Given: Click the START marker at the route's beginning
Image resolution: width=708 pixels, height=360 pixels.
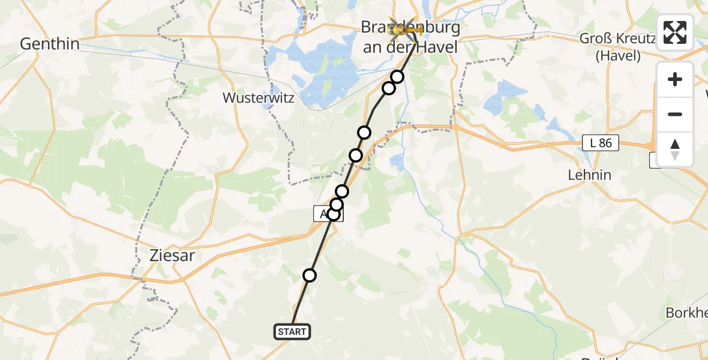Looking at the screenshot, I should (x=292, y=331).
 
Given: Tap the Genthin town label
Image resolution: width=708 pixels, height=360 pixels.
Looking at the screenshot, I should (x=50, y=44).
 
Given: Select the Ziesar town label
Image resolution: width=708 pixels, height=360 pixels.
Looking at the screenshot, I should (x=172, y=256).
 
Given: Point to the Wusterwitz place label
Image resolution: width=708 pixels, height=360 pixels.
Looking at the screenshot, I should (x=258, y=98).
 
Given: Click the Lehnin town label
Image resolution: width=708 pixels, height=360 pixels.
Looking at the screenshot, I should (x=589, y=175).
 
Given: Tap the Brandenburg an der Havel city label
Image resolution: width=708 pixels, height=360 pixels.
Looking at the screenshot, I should (x=411, y=37).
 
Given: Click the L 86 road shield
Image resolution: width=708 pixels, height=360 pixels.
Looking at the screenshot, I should (x=600, y=143).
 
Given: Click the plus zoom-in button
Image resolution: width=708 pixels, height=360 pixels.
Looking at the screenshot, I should (x=675, y=79).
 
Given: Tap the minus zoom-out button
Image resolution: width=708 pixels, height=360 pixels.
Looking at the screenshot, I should (x=675, y=114).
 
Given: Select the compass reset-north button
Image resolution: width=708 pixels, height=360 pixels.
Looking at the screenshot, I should (x=675, y=149).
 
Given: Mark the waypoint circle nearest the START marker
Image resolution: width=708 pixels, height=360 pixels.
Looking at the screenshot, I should (x=310, y=275).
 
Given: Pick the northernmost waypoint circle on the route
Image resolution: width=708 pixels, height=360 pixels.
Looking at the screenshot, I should (x=397, y=76).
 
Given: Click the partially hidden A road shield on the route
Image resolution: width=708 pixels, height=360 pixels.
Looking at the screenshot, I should (x=323, y=214).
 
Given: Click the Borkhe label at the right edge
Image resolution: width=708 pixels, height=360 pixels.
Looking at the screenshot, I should (x=686, y=313).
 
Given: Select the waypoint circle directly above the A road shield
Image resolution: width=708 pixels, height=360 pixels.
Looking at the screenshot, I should (x=337, y=205).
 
